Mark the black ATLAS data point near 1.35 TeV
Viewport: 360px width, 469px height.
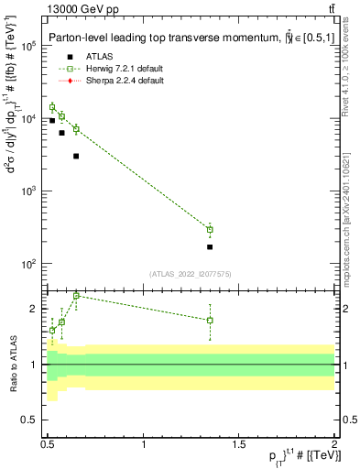pyautogui.click(x=210, y=247)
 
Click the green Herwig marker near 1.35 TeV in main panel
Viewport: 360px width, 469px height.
pyautogui.click(x=210, y=229)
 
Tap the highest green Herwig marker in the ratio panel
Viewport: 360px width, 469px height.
pyautogui.click(x=76, y=296)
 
